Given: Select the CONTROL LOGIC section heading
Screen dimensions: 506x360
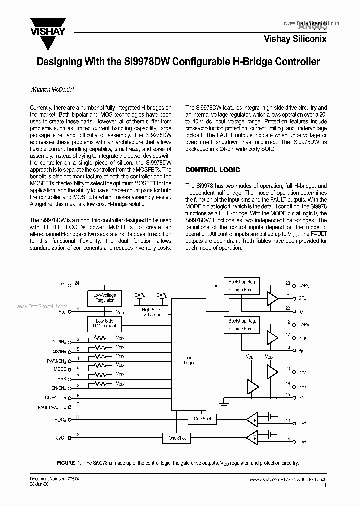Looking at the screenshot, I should (213, 170).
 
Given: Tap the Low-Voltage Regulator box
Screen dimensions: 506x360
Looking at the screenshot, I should (104, 298).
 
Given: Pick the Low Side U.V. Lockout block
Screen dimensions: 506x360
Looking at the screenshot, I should (104, 323).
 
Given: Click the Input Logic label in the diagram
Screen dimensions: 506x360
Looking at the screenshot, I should (189, 360).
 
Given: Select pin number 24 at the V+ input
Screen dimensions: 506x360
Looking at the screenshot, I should (77, 283).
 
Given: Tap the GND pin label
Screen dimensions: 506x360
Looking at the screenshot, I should (303, 398).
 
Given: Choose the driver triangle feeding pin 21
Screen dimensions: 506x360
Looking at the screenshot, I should (272, 299).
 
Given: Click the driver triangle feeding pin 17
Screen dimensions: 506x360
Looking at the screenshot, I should (272, 338).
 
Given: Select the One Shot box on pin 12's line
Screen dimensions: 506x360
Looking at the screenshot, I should (176, 438).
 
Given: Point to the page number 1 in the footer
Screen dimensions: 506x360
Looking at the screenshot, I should (325, 485).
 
